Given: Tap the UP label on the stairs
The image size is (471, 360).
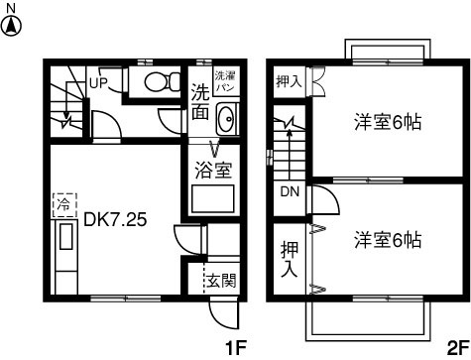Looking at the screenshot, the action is point(98,82).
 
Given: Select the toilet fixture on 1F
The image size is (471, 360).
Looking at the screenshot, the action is point(158,82).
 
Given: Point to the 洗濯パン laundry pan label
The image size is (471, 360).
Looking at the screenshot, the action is point(226,81).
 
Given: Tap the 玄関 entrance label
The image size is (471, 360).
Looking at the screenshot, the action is point(221,280).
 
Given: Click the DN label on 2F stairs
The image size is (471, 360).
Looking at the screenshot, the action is point(290,191).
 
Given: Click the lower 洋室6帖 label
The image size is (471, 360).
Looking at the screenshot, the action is point(388,240).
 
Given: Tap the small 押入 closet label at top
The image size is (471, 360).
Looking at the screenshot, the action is point(288,81).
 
